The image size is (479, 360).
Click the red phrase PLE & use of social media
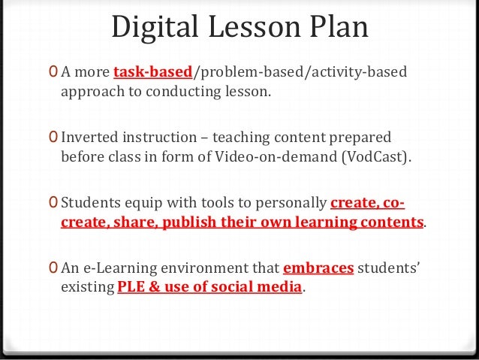click(209, 287)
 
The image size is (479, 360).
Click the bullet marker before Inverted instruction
click(51, 139)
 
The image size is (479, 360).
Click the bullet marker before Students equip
click(51, 203)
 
